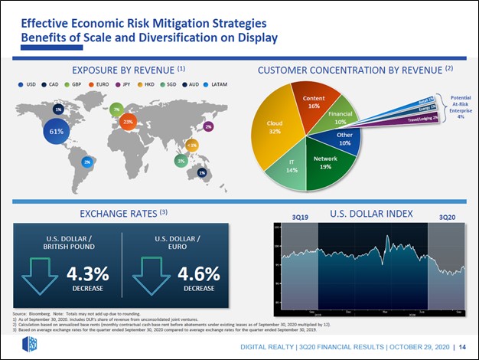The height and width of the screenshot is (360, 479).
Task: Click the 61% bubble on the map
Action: coord(56,131)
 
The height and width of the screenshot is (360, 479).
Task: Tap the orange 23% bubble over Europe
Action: coord(128,122)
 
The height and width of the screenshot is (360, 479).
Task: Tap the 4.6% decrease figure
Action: coord(199,275)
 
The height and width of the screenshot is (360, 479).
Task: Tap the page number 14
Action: coord(463,346)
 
